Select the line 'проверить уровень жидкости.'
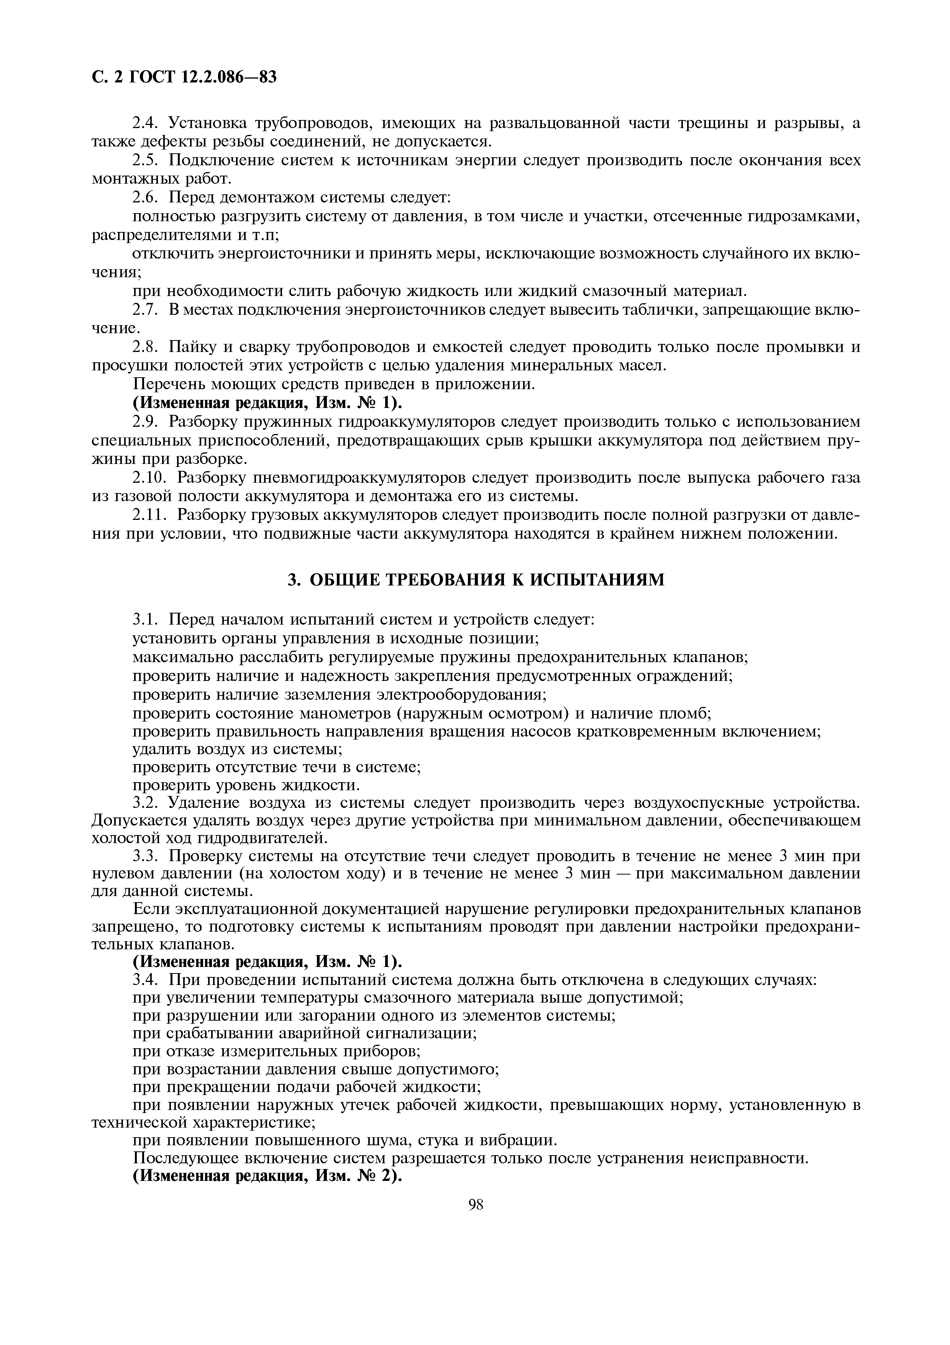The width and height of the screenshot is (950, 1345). point(246,784)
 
